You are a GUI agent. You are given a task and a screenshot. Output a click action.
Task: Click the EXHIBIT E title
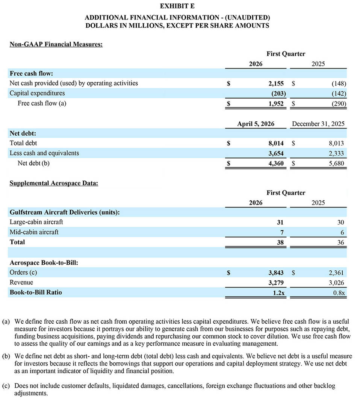tap(177, 6)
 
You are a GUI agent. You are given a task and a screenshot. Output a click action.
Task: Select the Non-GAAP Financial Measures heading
tap(56, 44)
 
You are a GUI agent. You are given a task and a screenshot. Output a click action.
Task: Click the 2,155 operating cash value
tap(276, 83)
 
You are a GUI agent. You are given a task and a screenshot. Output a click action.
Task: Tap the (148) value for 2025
tap(339, 83)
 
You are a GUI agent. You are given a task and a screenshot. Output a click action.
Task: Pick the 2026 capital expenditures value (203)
tap(278, 93)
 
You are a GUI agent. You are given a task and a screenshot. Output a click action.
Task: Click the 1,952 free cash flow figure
tap(276, 103)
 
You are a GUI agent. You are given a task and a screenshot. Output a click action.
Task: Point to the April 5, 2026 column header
tap(256, 124)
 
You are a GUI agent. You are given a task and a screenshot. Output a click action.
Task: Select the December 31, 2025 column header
tap(318, 124)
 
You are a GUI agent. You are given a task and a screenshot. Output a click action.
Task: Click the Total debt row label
tap(23, 143)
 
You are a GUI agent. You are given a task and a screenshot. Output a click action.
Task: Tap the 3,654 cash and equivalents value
tap(276, 153)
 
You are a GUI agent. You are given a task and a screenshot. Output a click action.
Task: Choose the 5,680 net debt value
tap(336, 164)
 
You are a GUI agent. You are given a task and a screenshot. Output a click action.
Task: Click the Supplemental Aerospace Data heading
tap(54, 183)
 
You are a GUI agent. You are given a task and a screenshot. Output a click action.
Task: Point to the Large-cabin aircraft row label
tap(36, 222)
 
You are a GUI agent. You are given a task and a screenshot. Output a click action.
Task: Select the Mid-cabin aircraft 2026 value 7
tap(281, 232)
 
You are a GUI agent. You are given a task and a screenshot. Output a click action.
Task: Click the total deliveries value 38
tap(280, 242)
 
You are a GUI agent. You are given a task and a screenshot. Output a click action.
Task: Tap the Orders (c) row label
tap(23, 273)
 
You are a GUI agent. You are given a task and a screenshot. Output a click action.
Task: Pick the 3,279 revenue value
tap(276, 283)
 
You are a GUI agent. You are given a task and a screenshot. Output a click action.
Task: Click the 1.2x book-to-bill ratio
tap(278, 292)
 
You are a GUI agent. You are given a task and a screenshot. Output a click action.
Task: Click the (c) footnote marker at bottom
tap(6, 386)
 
